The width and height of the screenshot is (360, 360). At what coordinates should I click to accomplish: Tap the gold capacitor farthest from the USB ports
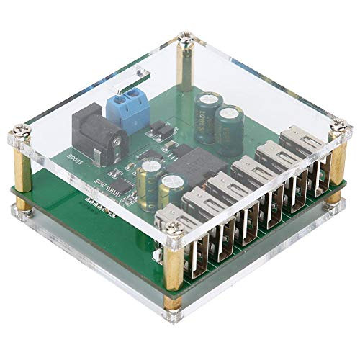click(150, 176)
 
